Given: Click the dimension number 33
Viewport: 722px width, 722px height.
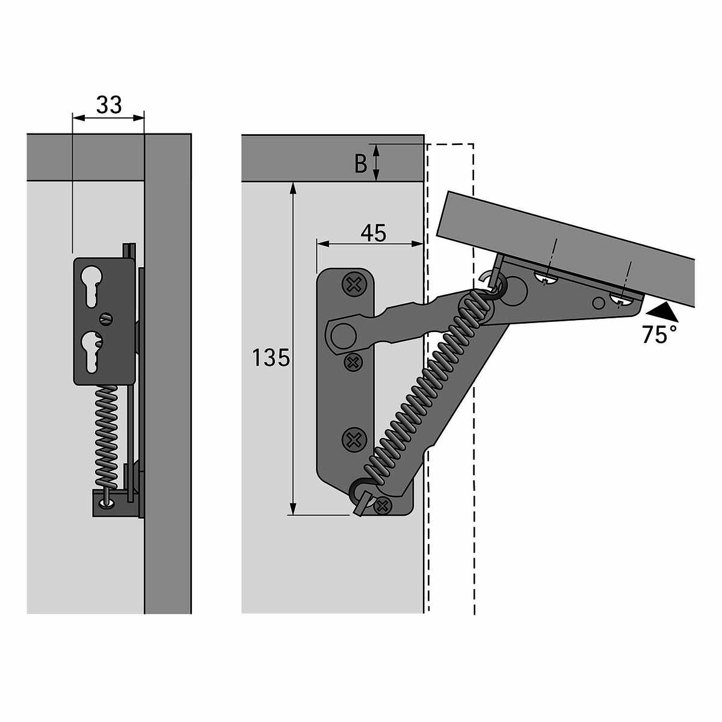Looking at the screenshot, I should click(108, 105).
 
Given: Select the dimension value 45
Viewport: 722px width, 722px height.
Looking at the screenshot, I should click(374, 233).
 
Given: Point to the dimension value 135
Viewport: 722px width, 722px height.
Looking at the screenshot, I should click(271, 359).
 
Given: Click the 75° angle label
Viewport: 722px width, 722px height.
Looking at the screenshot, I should click(659, 335).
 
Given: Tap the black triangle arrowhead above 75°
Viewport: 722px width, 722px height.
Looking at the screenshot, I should click(661, 312).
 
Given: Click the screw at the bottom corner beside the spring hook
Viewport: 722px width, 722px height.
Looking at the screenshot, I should click(381, 507).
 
